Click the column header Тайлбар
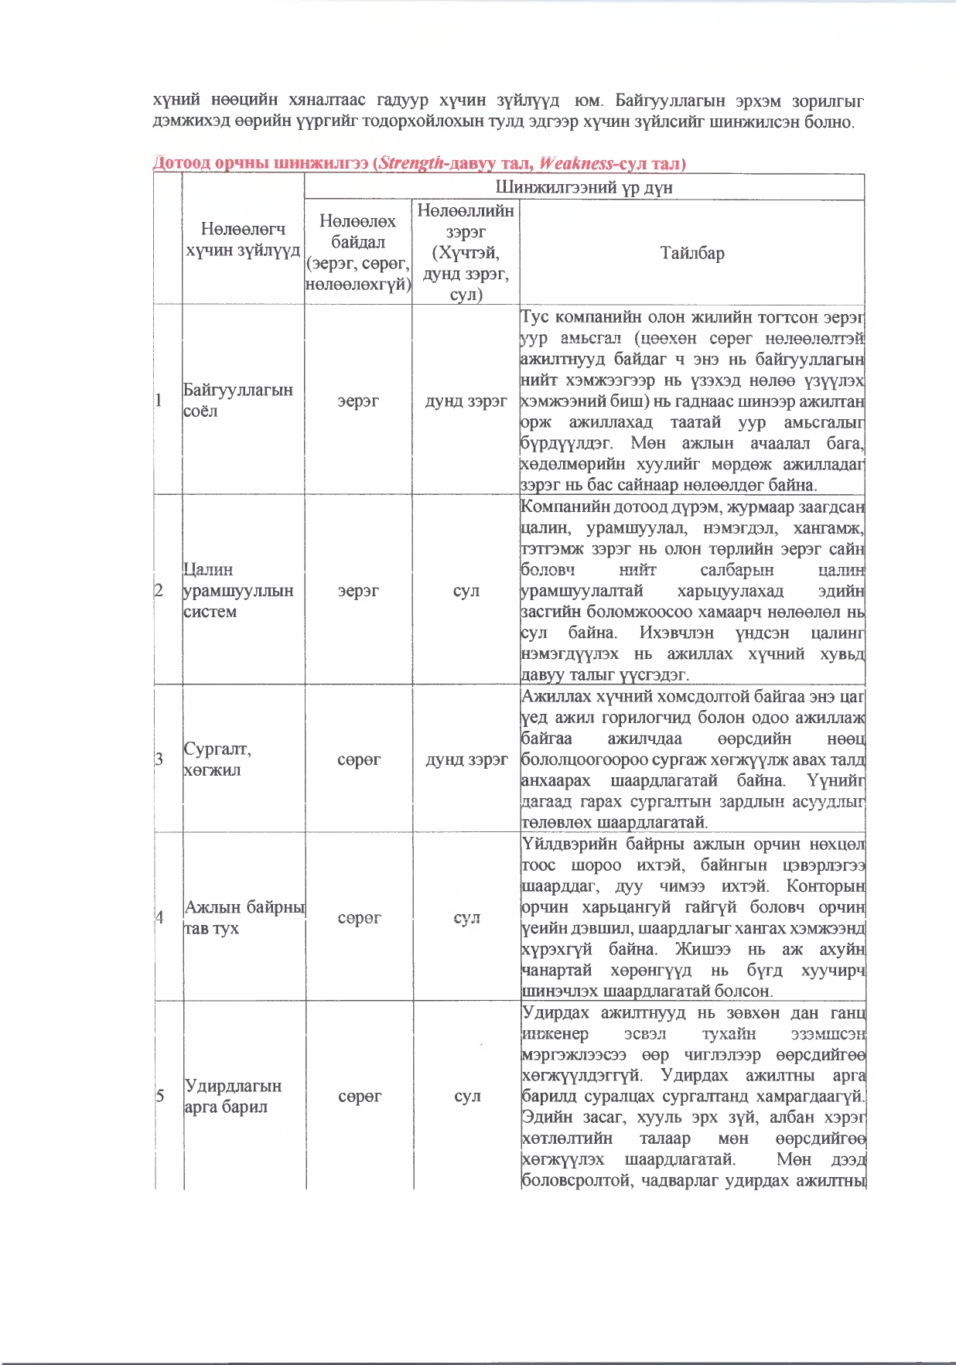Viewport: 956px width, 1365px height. pyautogui.click(x=692, y=253)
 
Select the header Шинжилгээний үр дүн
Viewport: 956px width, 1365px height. pyautogui.click(x=584, y=187)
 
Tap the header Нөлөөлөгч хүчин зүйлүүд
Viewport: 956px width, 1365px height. pyautogui.click(x=243, y=240)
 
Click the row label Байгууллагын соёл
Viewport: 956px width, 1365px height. pyautogui.click(x=237, y=400)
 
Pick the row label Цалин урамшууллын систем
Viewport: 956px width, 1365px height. pyautogui.click(x=237, y=590)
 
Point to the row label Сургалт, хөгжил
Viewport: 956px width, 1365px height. pyautogui.click(x=217, y=759)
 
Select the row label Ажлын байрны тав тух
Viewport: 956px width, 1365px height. pyautogui.click(x=244, y=917)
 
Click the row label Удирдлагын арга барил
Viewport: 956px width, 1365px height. pyautogui.click(x=232, y=1096)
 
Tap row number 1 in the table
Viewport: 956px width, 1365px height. pyautogui.click(x=159, y=401)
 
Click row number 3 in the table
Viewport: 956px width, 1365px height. pyautogui.click(x=159, y=759)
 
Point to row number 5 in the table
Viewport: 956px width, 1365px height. pyautogui.click(x=160, y=1096)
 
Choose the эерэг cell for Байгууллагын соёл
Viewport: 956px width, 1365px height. pyautogui.click(x=358, y=401)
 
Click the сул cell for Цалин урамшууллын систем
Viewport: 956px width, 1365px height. pyautogui.click(x=466, y=591)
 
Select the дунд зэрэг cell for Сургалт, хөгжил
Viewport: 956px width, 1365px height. pyautogui.click(x=466, y=759)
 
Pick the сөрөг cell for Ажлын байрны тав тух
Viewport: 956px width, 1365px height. pyautogui.click(x=359, y=918)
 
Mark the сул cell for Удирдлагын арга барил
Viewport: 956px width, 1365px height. pyautogui.click(x=467, y=1096)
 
